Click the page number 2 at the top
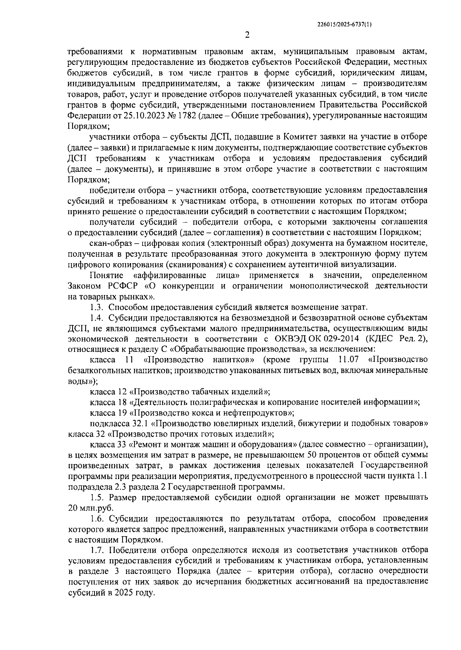pyautogui.click(x=247, y=35)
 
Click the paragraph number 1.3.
pyautogui.click(x=97, y=307)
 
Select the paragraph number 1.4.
pyautogui.click(x=97, y=318)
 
